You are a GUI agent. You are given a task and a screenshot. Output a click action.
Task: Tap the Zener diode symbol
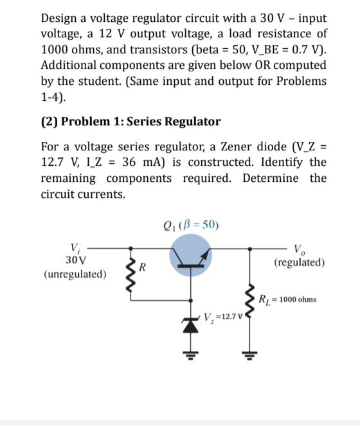coord(192,326)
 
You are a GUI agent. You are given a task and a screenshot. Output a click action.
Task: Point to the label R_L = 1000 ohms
coord(287,299)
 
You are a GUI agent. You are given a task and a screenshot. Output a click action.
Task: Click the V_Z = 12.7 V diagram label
coord(219,316)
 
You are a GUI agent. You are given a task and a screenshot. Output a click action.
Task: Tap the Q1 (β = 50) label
coord(192,225)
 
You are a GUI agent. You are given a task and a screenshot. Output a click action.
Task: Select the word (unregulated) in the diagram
coord(75,274)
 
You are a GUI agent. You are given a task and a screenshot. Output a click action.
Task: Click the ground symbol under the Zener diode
coord(192,352)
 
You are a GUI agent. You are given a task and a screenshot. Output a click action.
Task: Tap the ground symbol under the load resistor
coord(245,352)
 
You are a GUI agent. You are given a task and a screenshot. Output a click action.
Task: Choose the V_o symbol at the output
coord(299,249)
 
